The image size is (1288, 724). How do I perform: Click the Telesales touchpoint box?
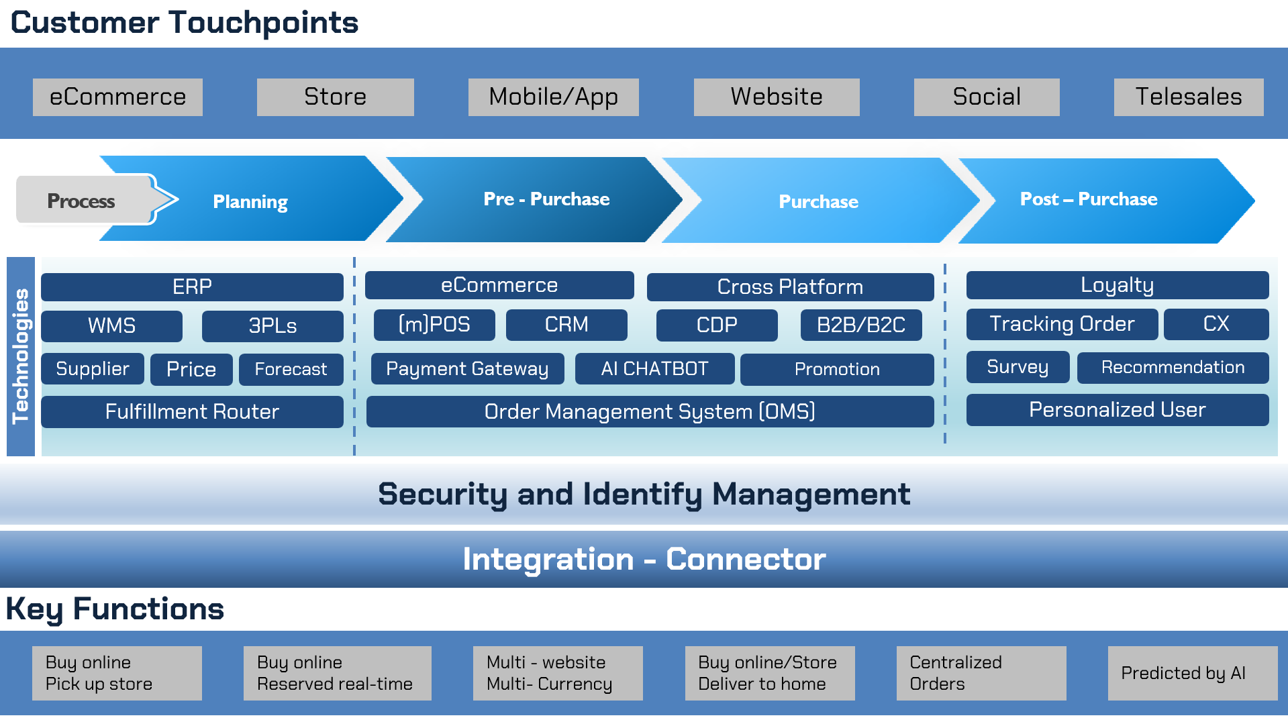1188,97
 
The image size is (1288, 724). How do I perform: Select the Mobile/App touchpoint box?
553,97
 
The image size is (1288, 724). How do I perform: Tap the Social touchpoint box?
986,97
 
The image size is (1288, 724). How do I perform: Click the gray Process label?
82,201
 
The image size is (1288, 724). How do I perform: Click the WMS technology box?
111,326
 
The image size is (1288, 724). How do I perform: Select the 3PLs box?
272,326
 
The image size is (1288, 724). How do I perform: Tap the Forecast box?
291,369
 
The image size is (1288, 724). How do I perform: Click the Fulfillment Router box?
192,411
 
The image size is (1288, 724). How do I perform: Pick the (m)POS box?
434,325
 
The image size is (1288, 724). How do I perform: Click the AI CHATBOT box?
654,369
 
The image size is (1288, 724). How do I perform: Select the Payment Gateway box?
467,369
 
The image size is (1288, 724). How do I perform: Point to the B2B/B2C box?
860,325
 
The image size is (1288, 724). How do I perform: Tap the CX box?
1216,324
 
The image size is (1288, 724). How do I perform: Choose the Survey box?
1017,367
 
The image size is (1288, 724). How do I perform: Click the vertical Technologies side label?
21,356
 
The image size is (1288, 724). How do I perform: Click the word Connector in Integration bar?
745,560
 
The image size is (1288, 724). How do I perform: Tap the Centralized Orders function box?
981,673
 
